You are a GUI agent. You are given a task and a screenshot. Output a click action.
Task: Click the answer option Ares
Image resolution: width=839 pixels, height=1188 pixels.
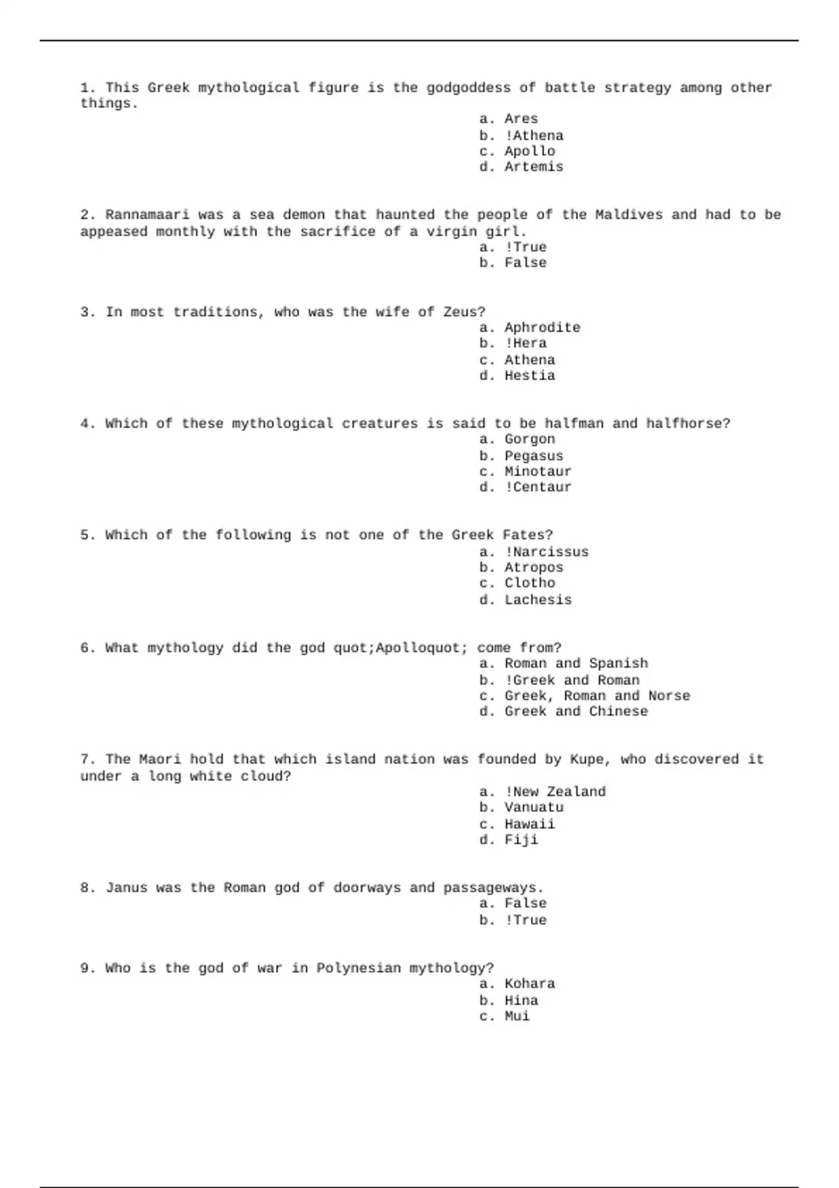click(x=521, y=119)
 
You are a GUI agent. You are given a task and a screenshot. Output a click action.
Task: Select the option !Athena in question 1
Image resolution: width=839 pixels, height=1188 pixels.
click(x=533, y=135)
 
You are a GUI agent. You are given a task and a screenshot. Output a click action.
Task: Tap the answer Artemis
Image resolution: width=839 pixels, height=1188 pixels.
click(x=533, y=167)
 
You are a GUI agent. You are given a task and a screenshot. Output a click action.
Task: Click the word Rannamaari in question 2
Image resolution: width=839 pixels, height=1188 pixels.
click(x=148, y=215)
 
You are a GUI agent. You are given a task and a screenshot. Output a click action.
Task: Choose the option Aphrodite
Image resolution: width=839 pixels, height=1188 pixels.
click(x=542, y=328)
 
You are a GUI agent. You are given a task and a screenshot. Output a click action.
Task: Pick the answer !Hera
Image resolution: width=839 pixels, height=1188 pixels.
click(x=525, y=343)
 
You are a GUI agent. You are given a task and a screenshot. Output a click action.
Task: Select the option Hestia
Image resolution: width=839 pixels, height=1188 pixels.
click(x=529, y=375)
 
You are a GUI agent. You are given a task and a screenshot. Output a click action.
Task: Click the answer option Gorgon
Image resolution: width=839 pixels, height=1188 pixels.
click(x=529, y=439)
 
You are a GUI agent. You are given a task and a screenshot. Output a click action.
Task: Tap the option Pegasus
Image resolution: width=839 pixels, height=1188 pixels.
click(x=533, y=456)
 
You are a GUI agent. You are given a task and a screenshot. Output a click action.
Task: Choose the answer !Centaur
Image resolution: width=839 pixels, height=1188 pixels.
click(x=538, y=487)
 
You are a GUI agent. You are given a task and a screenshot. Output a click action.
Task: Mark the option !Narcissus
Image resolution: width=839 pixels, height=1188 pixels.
click(x=546, y=551)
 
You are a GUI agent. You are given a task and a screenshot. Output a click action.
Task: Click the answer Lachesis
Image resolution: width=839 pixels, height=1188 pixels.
click(x=538, y=600)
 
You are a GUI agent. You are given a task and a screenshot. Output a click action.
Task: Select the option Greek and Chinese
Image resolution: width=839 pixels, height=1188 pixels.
click(x=575, y=711)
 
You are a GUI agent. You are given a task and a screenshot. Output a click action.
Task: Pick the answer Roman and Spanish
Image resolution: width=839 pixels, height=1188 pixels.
click(x=575, y=663)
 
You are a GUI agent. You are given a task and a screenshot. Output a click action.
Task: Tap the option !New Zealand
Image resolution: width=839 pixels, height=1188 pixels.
click(x=554, y=792)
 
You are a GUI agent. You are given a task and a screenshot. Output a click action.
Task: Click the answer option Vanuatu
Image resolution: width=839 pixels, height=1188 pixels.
click(x=533, y=807)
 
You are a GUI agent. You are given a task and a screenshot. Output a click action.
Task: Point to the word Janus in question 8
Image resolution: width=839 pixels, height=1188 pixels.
click(x=126, y=888)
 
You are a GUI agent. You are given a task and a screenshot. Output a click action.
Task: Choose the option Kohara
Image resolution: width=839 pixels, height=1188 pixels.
click(x=529, y=984)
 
